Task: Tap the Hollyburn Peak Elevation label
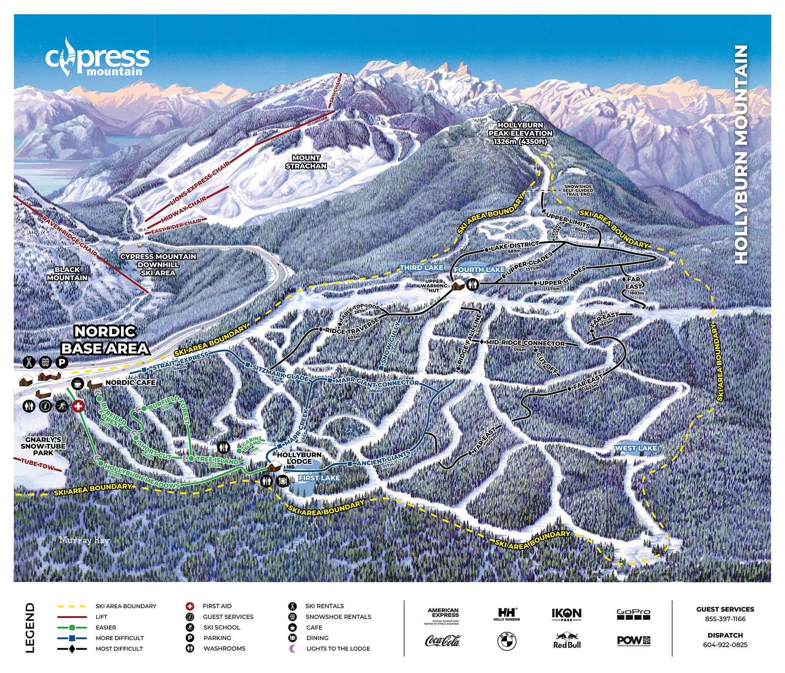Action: point(520,133)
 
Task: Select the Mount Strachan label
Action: point(306,162)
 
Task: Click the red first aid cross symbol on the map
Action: point(78,406)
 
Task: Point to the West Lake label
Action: point(635,448)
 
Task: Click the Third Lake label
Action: point(422,267)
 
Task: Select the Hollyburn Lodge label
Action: point(299,458)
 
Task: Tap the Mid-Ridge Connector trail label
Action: point(525,343)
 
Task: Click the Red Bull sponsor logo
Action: point(566,641)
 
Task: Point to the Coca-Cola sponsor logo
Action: point(442,641)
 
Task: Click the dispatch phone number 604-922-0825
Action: point(725,645)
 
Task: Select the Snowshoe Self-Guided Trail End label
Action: point(578,190)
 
